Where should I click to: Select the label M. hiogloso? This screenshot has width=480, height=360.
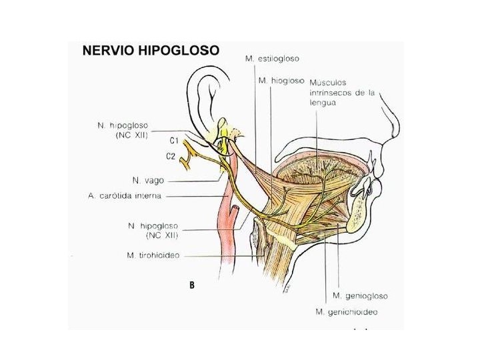[281, 81]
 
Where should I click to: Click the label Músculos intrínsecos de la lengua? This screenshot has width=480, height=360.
[341, 93]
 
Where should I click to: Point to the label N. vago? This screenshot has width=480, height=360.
[148, 180]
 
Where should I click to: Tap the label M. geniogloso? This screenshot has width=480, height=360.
[360, 295]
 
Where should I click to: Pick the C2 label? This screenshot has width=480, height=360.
[171, 157]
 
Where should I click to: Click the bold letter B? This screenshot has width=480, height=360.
[192, 285]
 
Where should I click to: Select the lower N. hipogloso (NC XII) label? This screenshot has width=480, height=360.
[153, 231]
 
